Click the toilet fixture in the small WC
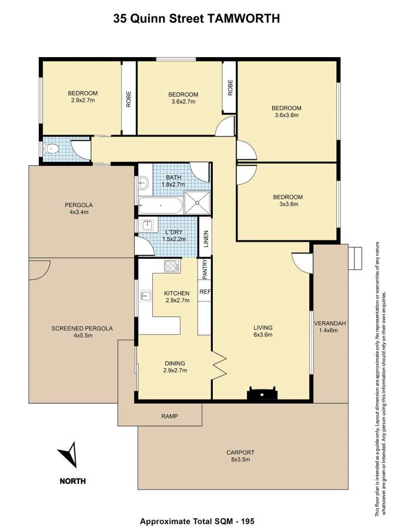[51, 148]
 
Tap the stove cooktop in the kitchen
[171, 266]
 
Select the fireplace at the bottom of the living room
[262, 393]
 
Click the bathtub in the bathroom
[160, 205]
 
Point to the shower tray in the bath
[197, 202]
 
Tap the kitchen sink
[146, 295]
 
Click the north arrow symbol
[69, 455]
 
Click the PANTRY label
[205, 269]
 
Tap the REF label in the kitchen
[205, 291]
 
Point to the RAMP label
[169, 416]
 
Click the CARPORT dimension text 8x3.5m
[240, 459]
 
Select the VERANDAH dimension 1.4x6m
[328, 330]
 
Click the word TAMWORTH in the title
[243, 18]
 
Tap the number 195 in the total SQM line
[247, 521]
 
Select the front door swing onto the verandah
[302, 262]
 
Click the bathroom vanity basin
[143, 183]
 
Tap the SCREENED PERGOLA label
[82, 328]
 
